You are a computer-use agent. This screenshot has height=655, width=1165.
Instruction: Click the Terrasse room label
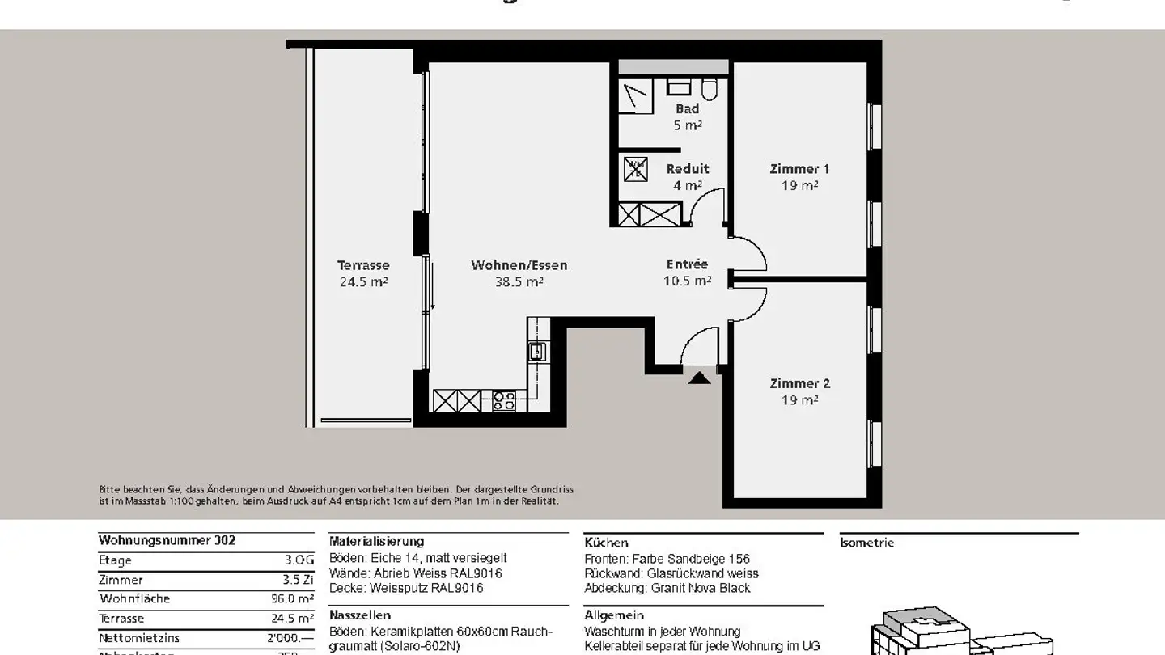tap(363, 265)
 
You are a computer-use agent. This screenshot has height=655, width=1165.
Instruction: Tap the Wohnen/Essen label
tap(519, 265)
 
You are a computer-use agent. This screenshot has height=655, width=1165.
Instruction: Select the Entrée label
tap(687, 264)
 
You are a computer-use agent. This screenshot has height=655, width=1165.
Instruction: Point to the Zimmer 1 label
tap(799, 169)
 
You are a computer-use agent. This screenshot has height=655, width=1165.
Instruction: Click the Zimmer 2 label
tap(799, 383)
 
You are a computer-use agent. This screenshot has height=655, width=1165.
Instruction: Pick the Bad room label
tap(688, 109)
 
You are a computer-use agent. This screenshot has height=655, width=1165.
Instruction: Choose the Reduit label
tap(688, 169)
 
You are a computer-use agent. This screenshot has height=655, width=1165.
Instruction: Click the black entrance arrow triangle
tap(699, 376)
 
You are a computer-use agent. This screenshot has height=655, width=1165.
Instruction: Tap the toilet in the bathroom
tap(710, 88)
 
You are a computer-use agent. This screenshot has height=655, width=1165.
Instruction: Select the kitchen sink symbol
tap(536, 352)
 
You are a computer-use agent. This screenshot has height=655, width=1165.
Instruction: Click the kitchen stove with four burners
tap(504, 400)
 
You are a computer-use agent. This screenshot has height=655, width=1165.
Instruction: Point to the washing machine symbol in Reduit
tap(635, 169)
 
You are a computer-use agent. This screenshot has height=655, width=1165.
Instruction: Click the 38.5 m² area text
tap(519, 282)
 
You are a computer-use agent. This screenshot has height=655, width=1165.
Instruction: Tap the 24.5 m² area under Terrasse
tap(363, 282)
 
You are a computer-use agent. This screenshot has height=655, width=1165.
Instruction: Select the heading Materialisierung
tap(376, 542)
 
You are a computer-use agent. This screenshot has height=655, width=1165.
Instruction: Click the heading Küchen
tap(606, 543)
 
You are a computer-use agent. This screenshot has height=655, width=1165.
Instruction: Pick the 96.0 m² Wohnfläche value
tap(292, 599)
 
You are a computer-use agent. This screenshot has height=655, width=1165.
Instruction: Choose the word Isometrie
tap(867, 543)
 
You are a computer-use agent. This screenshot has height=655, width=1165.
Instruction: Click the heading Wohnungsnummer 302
tap(167, 540)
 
